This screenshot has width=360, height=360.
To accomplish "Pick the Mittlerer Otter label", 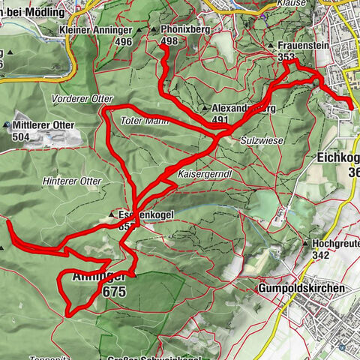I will point(42,125).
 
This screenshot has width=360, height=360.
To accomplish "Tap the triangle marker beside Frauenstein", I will point(271,46).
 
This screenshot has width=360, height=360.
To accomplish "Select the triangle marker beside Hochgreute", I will point(305,244).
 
